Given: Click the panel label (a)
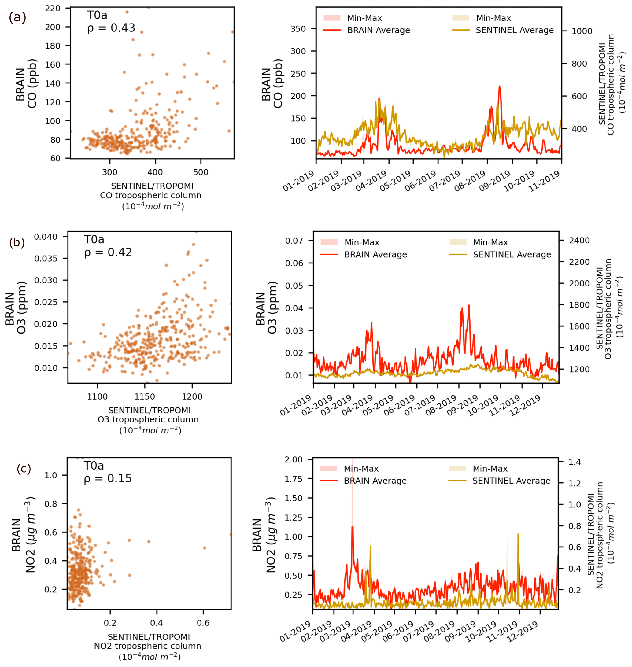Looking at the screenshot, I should [x=17, y=17].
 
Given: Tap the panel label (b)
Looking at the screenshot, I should [x=17, y=242].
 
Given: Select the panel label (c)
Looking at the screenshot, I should [x=24, y=469].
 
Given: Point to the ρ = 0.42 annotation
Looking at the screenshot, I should [x=108, y=252].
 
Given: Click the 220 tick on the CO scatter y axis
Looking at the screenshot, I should [x=53, y=8].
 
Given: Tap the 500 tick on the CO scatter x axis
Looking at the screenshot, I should [x=201, y=172].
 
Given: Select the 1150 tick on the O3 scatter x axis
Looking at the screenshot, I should [x=145, y=396].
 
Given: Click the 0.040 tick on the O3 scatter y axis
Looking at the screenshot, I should [x=46, y=237].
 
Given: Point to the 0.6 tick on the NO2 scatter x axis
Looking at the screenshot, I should [x=203, y=623].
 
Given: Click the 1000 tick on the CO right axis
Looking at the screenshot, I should [x=582, y=31].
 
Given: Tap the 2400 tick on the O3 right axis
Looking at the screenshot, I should [x=579, y=241].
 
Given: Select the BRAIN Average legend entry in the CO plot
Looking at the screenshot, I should [x=378, y=30].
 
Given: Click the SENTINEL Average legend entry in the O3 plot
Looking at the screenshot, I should [x=512, y=255].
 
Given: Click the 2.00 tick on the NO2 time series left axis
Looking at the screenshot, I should [x=294, y=460].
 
